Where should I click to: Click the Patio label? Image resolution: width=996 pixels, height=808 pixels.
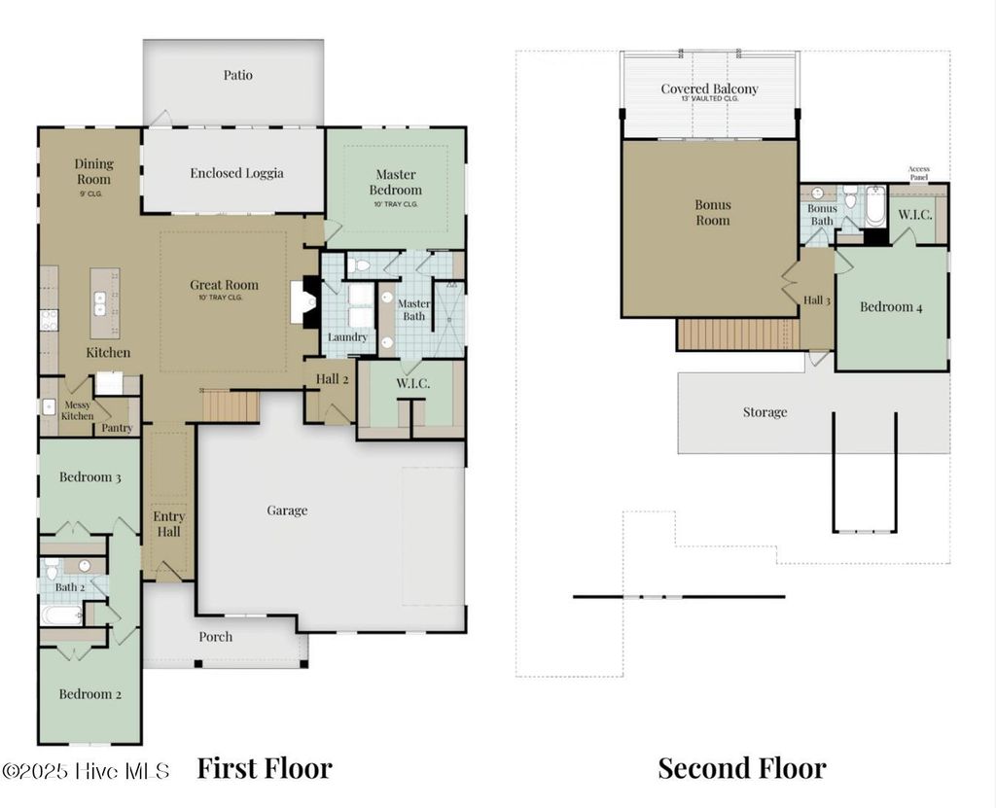coord(237,75)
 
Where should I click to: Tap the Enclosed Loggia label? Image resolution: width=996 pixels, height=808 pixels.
coord(236,173)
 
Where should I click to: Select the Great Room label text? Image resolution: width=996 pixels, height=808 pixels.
coord(224,286)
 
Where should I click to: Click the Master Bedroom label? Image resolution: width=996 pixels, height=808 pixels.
coord(395,183)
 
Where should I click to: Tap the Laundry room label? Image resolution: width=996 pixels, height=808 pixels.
coord(347,337)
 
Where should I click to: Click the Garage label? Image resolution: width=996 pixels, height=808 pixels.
coord(287,510)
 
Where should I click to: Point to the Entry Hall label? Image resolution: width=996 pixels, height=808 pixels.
coord(168,524)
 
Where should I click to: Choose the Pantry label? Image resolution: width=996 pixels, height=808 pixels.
coord(117,428)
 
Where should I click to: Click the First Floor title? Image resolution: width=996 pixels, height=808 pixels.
coord(265,768)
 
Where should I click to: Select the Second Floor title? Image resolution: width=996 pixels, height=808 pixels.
coord(742,768)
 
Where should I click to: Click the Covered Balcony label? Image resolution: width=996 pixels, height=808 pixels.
coord(709,89)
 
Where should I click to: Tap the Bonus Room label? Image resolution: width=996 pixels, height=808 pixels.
coord(712,212)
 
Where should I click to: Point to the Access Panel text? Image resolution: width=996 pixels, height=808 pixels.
coord(918,173)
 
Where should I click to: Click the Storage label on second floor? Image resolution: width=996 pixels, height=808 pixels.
coord(765,412)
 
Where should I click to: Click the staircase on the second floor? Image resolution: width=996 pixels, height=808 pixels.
coord(737,334)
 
